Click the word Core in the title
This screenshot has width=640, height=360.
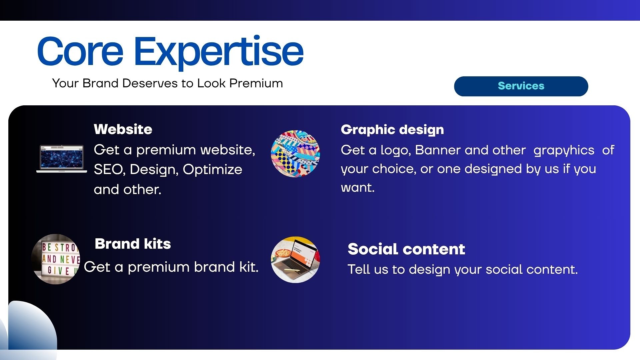pyautogui.click(x=80, y=51)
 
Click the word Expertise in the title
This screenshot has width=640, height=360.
pyautogui.click(x=219, y=53)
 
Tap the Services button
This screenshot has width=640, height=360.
pyautogui.click(x=521, y=86)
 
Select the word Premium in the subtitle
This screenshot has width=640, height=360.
pyautogui.click(x=256, y=83)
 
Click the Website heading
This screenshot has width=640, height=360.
pyautogui.click(x=123, y=129)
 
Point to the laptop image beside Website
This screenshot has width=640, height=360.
pyautogui.click(x=62, y=159)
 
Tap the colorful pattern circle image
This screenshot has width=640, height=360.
pyautogui.click(x=295, y=154)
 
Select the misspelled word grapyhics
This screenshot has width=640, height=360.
pyautogui.click(x=564, y=151)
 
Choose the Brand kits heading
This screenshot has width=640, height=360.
pyautogui.click(x=133, y=244)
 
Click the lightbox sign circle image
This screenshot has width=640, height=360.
pyautogui.click(x=56, y=259)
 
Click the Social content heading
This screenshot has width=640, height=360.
pyautogui.click(x=406, y=249)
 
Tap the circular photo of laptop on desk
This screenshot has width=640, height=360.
pyautogui.click(x=295, y=260)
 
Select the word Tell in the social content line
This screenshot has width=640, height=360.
pyautogui.click(x=359, y=269)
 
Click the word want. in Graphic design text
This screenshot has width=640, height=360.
pyautogui.click(x=358, y=188)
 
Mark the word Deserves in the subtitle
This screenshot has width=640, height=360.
pyautogui.click(x=150, y=83)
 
